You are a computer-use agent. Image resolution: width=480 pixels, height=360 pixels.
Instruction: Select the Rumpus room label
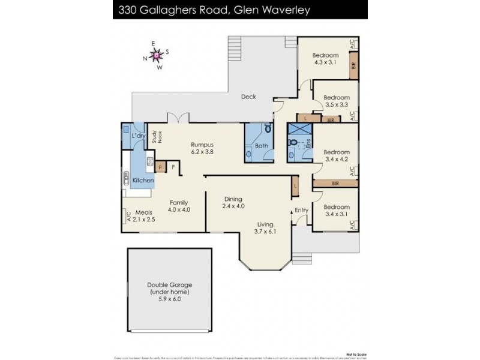point(202,148)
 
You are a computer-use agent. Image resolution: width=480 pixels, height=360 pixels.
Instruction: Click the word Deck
point(248,97)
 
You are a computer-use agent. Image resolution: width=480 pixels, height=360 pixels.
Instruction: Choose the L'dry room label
point(139,137)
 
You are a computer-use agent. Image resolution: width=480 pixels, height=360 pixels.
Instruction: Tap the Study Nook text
point(155,137)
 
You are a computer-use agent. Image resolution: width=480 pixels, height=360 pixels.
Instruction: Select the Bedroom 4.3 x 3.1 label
point(325,59)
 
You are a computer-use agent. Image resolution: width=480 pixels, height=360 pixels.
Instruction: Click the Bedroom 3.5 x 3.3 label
point(336,101)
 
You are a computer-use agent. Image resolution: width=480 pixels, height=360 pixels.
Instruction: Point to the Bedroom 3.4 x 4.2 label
point(336,155)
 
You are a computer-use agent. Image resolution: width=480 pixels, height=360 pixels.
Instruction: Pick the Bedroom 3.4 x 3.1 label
point(336,211)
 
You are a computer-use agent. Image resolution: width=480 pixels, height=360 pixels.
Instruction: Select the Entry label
point(301,210)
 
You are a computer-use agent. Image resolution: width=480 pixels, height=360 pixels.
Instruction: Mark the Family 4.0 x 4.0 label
point(179,206)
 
